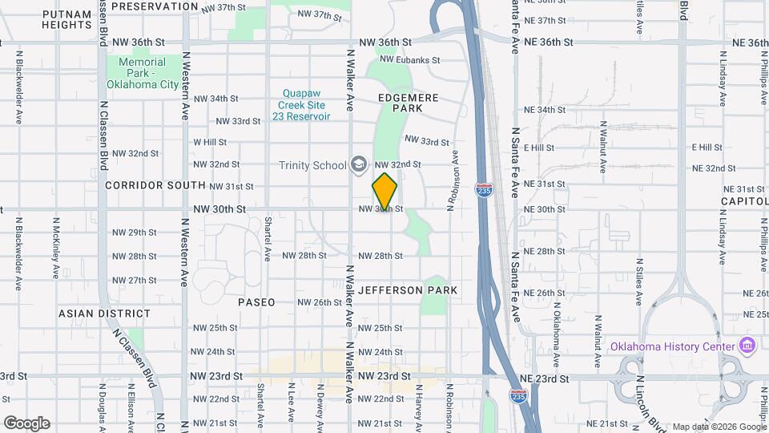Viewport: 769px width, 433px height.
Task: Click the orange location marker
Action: pos(384,191)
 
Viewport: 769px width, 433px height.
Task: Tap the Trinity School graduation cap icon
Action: pos(359,165)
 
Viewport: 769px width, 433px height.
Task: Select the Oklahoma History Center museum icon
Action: pos(747,346)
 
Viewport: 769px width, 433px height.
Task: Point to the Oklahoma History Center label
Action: pos(672,346)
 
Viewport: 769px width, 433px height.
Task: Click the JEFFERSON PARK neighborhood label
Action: pos(408,290)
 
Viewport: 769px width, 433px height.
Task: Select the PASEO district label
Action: pos(256,302)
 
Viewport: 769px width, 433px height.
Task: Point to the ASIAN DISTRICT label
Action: pos(104,314)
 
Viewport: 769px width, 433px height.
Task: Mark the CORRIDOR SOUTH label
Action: pos(155,185)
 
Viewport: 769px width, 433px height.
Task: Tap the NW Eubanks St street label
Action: pos(410,59)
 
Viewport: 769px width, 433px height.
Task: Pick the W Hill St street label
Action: pos(210,142)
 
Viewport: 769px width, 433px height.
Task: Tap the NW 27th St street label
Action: pos(134,280)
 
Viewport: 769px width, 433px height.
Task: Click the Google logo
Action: pos(26,423)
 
